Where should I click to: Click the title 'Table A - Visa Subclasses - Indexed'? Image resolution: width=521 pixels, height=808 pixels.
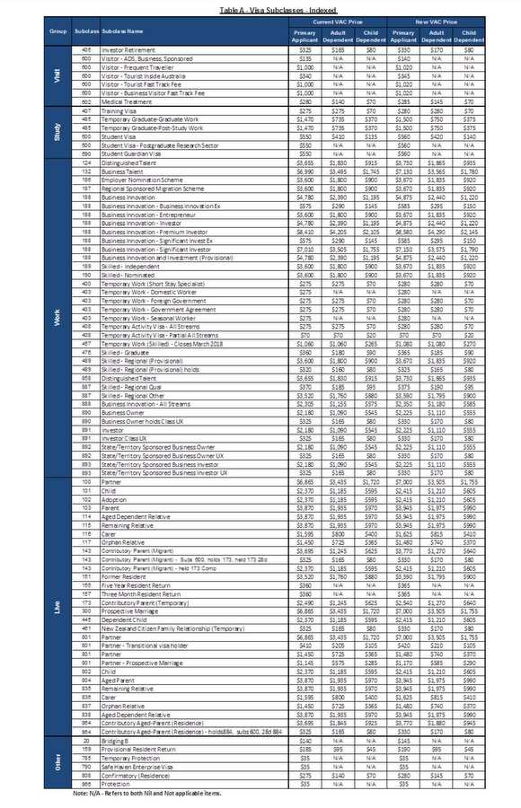tap(261, 6)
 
